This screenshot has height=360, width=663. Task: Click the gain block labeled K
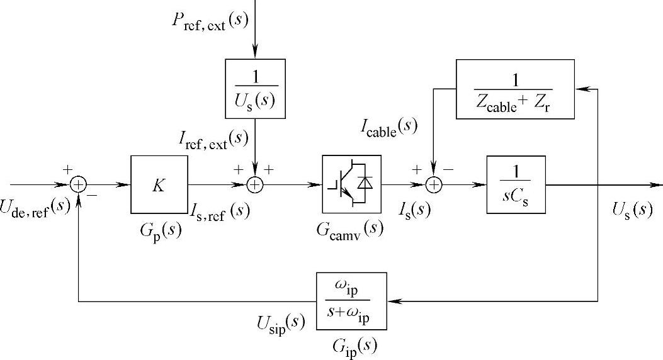pos(159,186)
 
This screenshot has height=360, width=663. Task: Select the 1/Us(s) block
pos(255,89)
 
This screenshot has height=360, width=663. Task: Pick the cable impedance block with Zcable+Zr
pos(514,89)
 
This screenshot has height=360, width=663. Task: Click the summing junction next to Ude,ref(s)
pos(78,186)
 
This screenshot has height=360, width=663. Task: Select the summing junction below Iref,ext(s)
pos(255,186)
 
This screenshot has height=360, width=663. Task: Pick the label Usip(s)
pos(281,323)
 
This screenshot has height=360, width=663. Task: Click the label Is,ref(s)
pos(220,210)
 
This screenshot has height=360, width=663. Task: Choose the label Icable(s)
pos(389,128)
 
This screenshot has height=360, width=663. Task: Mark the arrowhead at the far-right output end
pos(658,186)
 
